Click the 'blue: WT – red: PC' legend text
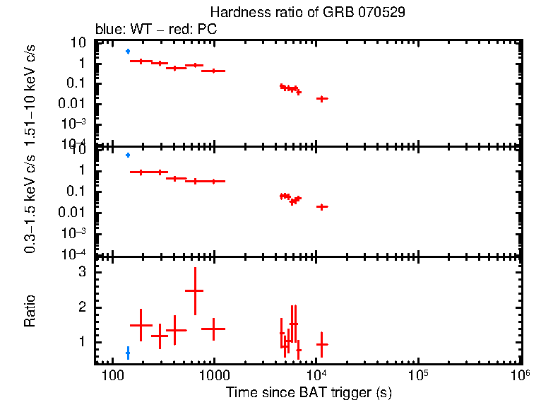point(156,30)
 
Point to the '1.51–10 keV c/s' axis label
point(30,91)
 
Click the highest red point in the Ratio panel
point(194,290)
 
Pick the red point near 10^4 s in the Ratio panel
point(322,344)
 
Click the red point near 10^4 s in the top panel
point(322,98)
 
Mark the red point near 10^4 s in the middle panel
point(322,206)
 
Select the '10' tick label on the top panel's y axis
point(79,42)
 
